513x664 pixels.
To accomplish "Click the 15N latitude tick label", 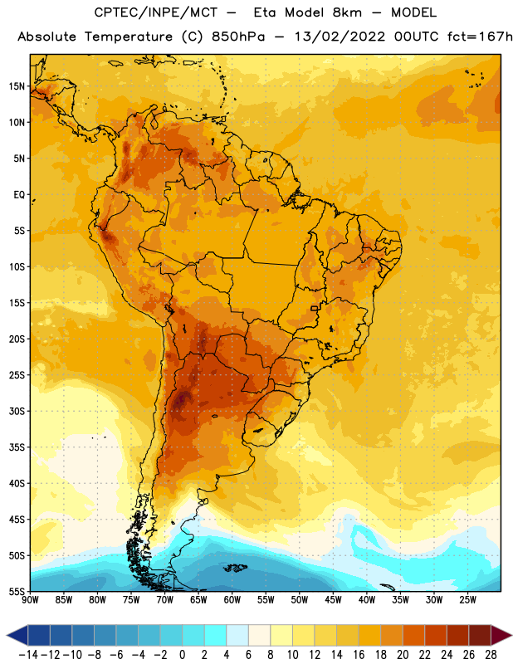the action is pos(17,86).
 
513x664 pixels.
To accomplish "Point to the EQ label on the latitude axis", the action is pos(19,195).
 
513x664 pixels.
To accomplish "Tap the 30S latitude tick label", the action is pos(17,411).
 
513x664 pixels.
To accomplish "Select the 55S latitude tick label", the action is pos(17,592).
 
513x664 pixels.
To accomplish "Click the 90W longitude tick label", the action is pos(30,600).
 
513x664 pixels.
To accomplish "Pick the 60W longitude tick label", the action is pos(232,600).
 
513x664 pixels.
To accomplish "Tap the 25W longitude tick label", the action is pos(467,600).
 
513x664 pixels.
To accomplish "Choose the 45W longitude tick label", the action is pos(333,600).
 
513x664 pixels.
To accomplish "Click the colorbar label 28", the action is pos(491,655).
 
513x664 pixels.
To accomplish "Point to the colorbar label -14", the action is pos(28,655).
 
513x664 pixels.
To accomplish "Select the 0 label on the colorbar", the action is pos(183,655).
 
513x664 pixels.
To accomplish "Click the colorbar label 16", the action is pos(359,655).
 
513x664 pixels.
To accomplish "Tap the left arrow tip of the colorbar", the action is pos(7,635).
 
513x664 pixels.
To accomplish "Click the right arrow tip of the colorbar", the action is pos(511,635).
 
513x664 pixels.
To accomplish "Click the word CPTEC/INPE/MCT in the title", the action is pos(156,12).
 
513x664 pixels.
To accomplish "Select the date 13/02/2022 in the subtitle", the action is pos(340,37).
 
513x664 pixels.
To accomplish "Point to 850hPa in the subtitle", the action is pos(238,37).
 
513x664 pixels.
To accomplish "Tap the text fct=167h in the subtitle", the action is pos(480,37).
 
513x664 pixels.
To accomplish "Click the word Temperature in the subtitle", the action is pos(129,37).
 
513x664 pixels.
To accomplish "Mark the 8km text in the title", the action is pos(347,12).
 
